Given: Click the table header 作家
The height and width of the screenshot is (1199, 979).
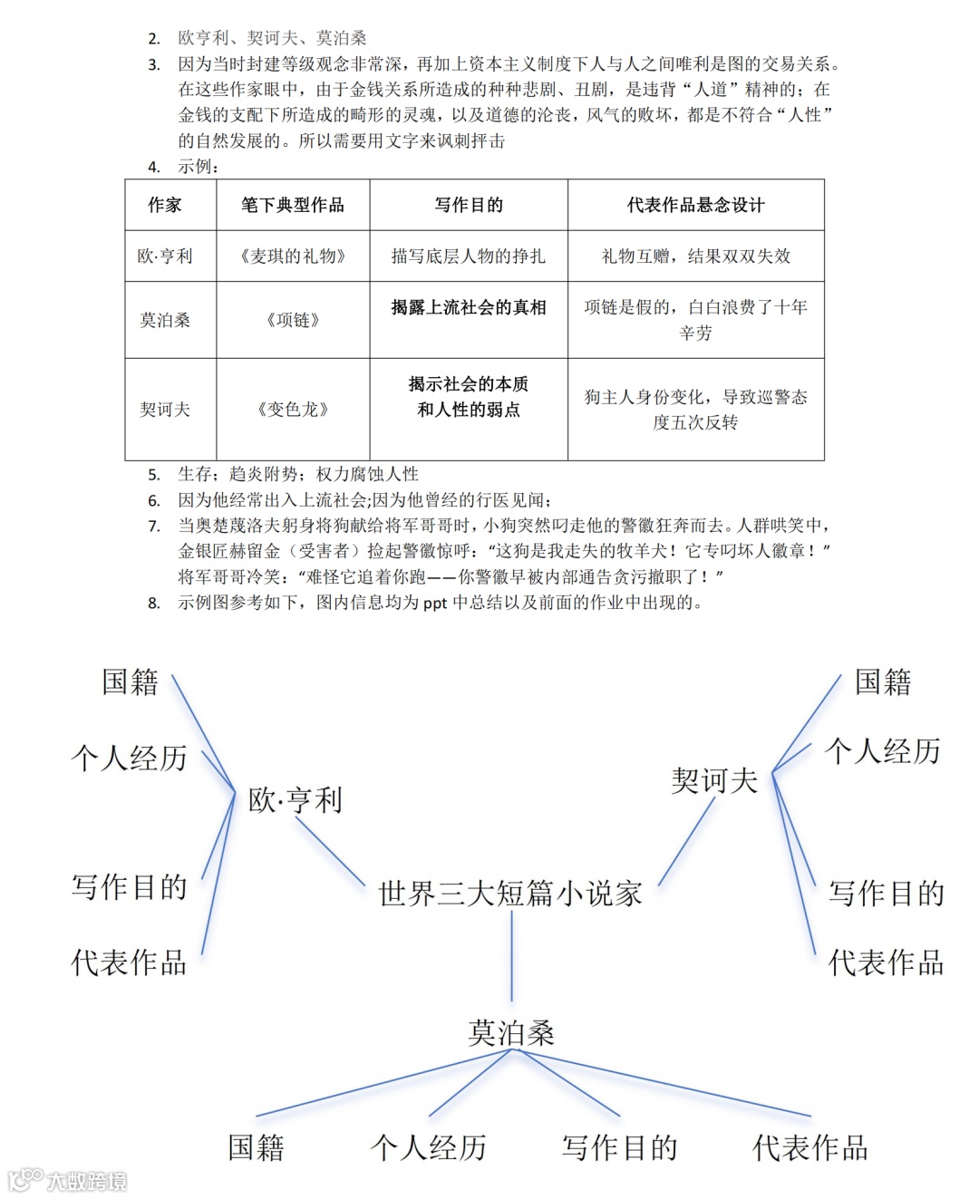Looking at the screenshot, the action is coord(165,205).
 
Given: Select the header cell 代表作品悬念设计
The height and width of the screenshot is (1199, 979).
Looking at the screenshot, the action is coord(695,205).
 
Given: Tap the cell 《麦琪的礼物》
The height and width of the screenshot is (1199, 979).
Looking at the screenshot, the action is coord(293,256).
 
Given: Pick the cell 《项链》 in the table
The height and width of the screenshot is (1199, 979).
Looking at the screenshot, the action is coord(293,320).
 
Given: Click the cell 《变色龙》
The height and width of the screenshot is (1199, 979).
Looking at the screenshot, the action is coord(293,410).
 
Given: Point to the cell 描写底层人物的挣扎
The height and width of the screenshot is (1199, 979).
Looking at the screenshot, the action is coord(468,256).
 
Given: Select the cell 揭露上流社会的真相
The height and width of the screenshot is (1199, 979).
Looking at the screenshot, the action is coord(468,308).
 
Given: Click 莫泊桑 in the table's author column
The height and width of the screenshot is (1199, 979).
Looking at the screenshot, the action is coord(165,320).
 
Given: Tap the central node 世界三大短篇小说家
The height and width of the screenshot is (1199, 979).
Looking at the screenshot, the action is coord(510,894).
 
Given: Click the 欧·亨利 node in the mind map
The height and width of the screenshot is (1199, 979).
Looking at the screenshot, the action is coord(296,800).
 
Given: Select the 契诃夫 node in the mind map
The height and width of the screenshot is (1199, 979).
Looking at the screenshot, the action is coord(714,780).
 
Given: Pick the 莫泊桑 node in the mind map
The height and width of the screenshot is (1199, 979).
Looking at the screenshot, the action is coord(511,1033).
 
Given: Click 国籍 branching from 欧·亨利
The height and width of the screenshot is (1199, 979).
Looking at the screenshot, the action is coord(131,682).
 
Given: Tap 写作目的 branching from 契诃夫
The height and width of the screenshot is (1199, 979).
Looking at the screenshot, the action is coord(887,894).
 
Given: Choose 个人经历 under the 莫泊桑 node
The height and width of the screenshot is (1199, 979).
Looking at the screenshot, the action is coord(429,1148).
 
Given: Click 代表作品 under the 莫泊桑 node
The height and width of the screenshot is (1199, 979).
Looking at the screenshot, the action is coord(810,1148).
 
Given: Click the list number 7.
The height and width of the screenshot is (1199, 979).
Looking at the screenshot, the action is coord(154,527).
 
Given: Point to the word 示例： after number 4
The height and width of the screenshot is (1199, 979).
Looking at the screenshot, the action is coord(199,167).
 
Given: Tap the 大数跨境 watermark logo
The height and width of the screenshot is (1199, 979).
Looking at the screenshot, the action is coord(68,1180).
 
